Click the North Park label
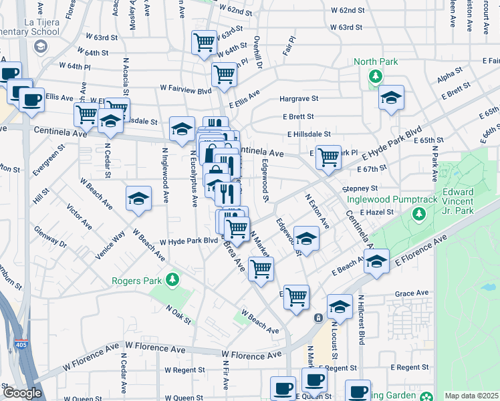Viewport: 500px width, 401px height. pos(376,62)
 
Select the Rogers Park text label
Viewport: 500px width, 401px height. pos(138,281)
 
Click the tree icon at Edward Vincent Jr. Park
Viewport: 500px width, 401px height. pos(418,215)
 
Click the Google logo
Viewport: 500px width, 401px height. pos(22,393)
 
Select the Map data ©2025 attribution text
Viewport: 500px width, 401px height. pos(471,396)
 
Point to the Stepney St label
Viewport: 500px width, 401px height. pos(360,188)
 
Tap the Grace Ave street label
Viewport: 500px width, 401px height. pos(411,293)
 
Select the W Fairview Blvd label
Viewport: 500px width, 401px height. pos(185,88)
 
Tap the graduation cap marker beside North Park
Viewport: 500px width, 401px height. pos(391,98)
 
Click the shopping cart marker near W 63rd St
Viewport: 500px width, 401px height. pos(204,42)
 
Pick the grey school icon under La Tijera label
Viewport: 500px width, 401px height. pos(41,46)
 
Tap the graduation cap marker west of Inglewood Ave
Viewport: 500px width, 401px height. pos(138,198)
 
